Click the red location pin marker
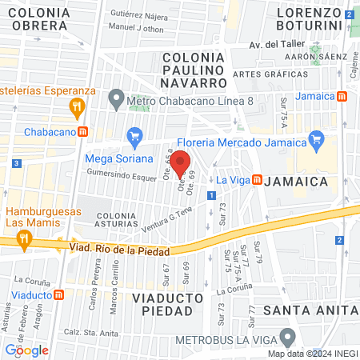point(182,163)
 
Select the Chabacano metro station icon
point(82,131)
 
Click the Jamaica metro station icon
point(342,96)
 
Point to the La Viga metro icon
point(258,179)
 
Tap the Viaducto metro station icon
point(58,294)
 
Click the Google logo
point(26,350)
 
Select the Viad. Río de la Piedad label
point(119,249)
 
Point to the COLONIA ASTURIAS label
point(121,221)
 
